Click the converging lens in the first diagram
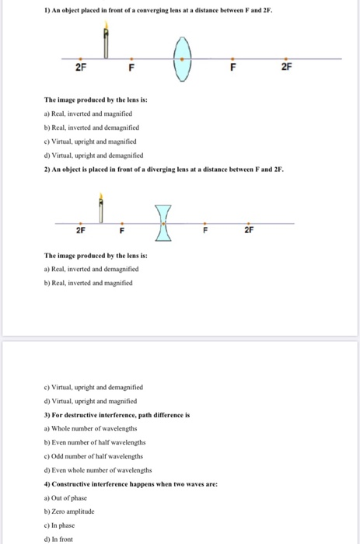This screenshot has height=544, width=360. (x=182, y=59)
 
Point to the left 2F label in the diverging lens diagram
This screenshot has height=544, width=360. (x=80, y=231)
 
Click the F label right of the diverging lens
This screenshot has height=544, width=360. (x=206, y=231)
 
